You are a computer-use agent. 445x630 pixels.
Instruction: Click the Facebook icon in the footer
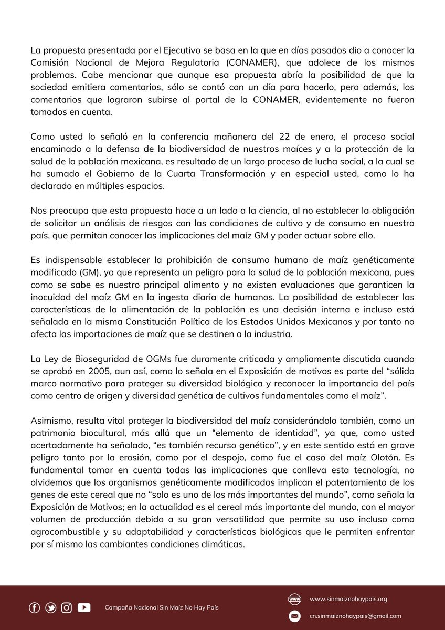34,607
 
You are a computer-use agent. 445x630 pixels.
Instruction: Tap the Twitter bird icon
51,607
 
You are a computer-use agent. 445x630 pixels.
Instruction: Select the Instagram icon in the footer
67,607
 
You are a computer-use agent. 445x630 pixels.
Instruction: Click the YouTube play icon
84,607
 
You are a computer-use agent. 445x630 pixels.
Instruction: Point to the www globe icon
294,599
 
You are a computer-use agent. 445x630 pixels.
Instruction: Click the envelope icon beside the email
294,616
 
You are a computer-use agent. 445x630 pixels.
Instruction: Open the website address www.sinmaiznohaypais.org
348,599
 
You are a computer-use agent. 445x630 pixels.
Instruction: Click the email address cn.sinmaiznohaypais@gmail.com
355,616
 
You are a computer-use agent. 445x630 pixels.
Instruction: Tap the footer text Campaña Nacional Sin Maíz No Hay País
162,607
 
